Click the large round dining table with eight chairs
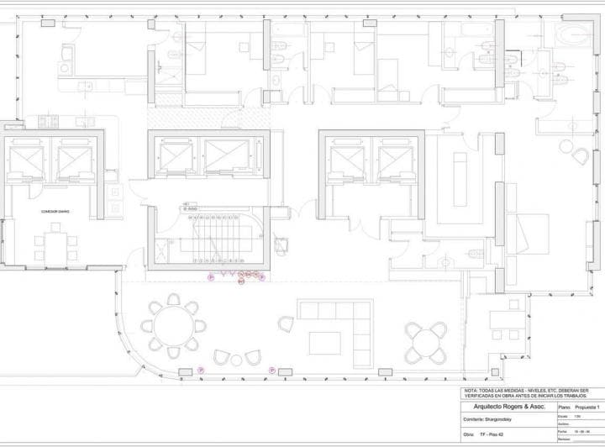click(174, 323)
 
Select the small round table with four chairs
click(424, 340)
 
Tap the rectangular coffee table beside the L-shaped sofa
click(324, 343)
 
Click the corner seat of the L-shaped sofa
click(362, 310)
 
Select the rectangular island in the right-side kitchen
click(459, 179)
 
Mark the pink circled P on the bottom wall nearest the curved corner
click(201, 370)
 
